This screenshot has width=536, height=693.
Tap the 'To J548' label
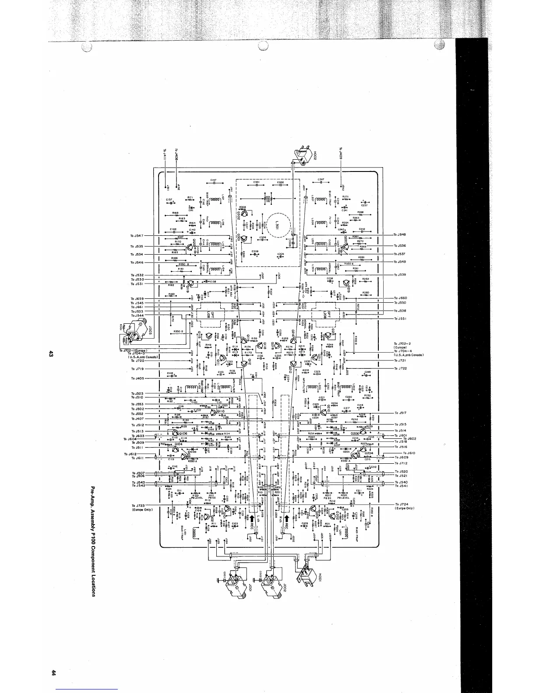click(400, 234)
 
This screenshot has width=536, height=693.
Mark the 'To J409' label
click(341, 154)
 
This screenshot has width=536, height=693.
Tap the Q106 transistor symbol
click(176, 433)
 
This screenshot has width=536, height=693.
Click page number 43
click(51, 353)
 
